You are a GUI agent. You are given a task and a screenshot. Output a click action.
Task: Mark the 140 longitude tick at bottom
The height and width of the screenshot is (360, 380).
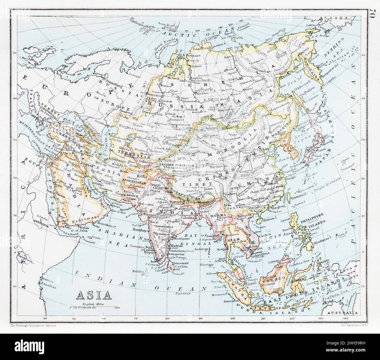pos(346,318)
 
